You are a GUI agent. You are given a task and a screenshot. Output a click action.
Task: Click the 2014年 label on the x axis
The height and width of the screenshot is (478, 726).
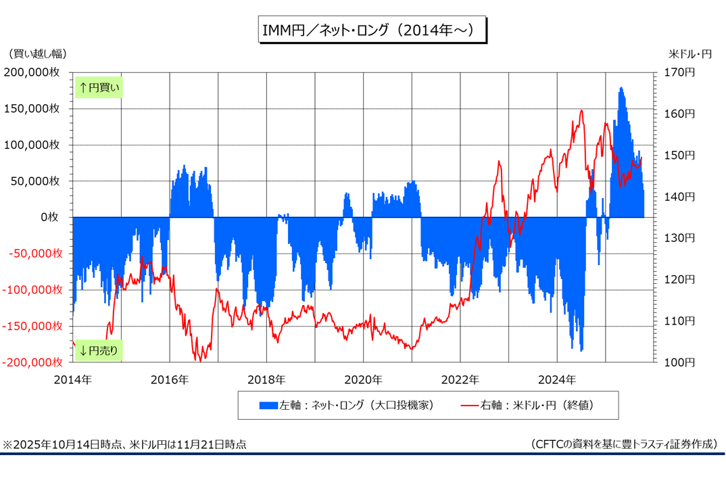tap(73, 379)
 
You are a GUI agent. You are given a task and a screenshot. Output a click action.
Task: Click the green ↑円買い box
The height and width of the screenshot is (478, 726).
tap(99, 87)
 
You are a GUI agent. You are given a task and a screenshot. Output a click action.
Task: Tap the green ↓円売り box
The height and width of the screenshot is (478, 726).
tap(99, 350)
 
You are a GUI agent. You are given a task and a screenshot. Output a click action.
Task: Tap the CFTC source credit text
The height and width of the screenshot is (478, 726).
tap(624, 444)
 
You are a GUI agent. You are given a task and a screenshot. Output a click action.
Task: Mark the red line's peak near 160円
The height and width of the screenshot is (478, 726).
tap(581, 110)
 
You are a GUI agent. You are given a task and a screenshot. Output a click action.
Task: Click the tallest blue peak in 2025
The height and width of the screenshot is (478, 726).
tap(621, 88)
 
